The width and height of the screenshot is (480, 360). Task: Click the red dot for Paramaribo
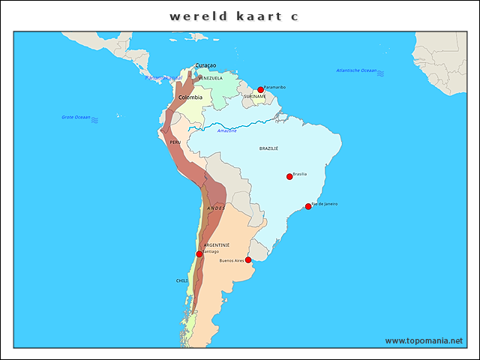[x=260, y=90]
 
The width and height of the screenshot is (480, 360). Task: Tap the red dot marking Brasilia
[x=289, y=177]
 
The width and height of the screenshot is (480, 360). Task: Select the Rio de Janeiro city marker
[x=307, y=206]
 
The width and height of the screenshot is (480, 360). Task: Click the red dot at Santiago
[x=199, y=254]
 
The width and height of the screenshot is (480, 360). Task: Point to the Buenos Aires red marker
[x=248, y=260]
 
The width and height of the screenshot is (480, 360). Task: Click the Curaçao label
[x=205, y=65]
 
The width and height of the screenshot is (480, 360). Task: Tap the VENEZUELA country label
[x=211, y=78]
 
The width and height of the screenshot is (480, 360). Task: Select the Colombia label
[x=190, y=97]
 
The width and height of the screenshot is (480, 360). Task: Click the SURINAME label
[x=255, y=97]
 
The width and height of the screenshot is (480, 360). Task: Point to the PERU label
[x=175, y=142]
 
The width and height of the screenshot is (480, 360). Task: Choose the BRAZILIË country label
[x=268, y=148]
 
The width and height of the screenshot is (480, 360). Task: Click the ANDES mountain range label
[x=215, y=208]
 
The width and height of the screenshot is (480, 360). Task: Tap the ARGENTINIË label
[x=217, y=245]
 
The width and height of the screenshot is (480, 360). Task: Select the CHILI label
[x=182, y=280]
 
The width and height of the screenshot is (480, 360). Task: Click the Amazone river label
[x=226, y=130]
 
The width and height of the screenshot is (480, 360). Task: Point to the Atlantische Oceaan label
[x=356, y=70]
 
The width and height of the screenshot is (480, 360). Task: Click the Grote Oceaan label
[x=76, y=117]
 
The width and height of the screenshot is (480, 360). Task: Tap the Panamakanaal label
[x=163, y=78]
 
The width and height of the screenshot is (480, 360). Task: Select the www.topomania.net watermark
[x=424, y=340]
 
